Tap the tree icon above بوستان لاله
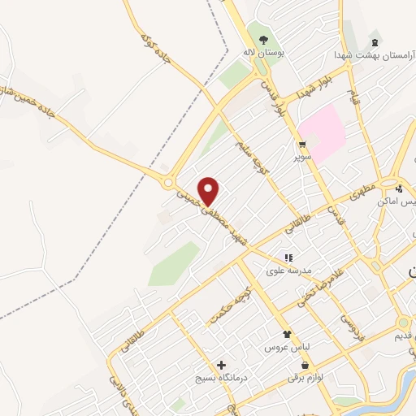pyautogui.click(x=262, y=39)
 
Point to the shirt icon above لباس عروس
pyautogui.click(x=287, y=334)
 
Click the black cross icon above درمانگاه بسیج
pyautogui.click(x=221, y=366)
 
